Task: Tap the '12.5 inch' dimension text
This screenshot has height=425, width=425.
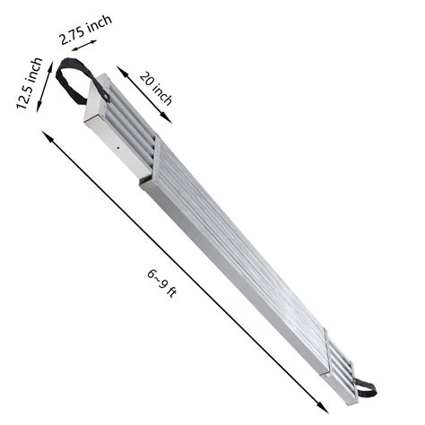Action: click(x=29, y=82)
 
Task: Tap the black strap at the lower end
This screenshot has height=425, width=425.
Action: click(x=364, y=387)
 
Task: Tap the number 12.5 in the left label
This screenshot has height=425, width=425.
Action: click(x=25, y=91)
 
